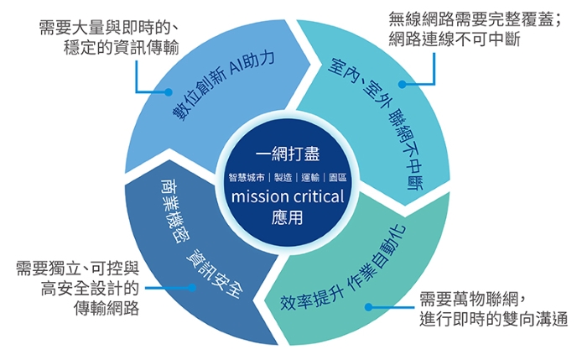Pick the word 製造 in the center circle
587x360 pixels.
[x=283, y=178]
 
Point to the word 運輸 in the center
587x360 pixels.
[x=309, y=178]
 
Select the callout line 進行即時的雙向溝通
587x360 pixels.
[x=494, y=319]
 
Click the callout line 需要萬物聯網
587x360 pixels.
[x=472, y=299]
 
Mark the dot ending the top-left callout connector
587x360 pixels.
[x=175, y=91]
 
